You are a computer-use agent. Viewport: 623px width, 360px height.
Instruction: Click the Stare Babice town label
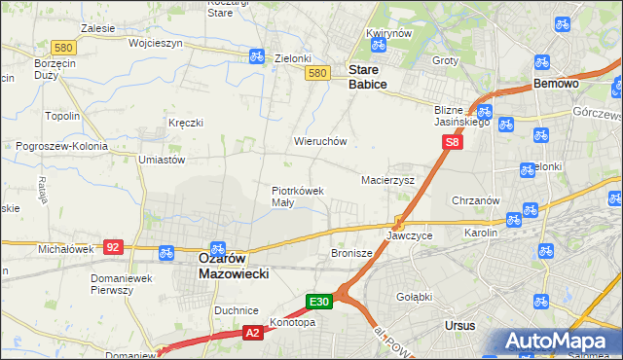(368, 78)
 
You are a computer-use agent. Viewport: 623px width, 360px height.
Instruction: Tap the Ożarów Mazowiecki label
(234, 267)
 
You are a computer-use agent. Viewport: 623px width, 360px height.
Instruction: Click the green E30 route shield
(321, 302)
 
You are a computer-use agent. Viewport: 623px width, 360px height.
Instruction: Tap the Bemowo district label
(557, 85)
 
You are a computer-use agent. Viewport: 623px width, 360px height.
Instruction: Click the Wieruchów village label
(320, 141)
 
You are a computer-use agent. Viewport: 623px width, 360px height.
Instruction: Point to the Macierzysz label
(387, 180)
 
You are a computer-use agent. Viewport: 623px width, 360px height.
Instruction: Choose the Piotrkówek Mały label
(297, 197)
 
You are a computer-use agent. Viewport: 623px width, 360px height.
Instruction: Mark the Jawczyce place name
(409, 235)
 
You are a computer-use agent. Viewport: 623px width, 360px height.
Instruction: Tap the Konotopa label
(293, 321)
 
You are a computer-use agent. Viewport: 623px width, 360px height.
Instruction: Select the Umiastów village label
(163, 159)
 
